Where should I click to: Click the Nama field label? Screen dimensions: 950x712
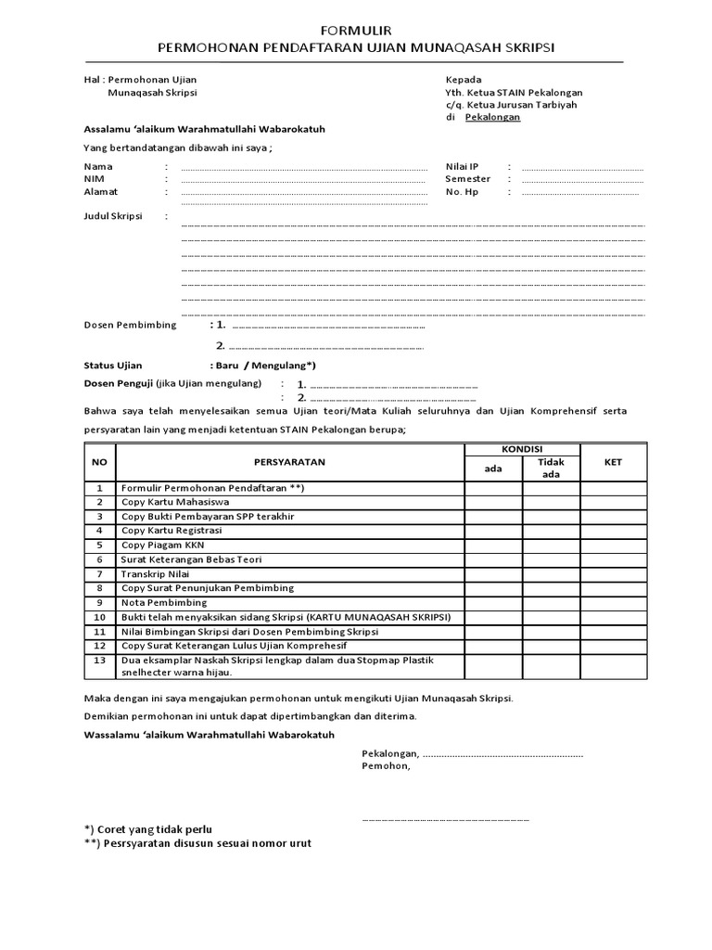click(x=98, y=166)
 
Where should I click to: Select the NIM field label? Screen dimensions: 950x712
click(x=95, y=179)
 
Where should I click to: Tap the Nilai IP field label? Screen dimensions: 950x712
click(x=462, y=166)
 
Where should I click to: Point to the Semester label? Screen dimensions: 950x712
click(x=467, y=179)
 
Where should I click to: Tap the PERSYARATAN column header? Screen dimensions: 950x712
click(x=289, y=461)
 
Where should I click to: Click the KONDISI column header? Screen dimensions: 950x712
click(x=523, y=448)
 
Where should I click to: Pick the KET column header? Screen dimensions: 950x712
click(x=613, y=461)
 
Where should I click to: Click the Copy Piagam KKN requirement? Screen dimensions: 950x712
click(x=162, y=546)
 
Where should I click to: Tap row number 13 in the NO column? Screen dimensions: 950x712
click(x=99, y=660)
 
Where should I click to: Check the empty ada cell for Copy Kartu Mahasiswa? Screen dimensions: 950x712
click(x=493, y=503)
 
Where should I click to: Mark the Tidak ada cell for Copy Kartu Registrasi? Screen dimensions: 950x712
click(x=551, y=531)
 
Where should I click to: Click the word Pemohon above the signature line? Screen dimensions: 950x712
click(x=385, y=766)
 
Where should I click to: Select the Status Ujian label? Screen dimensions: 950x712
click(x=113, y=366)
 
